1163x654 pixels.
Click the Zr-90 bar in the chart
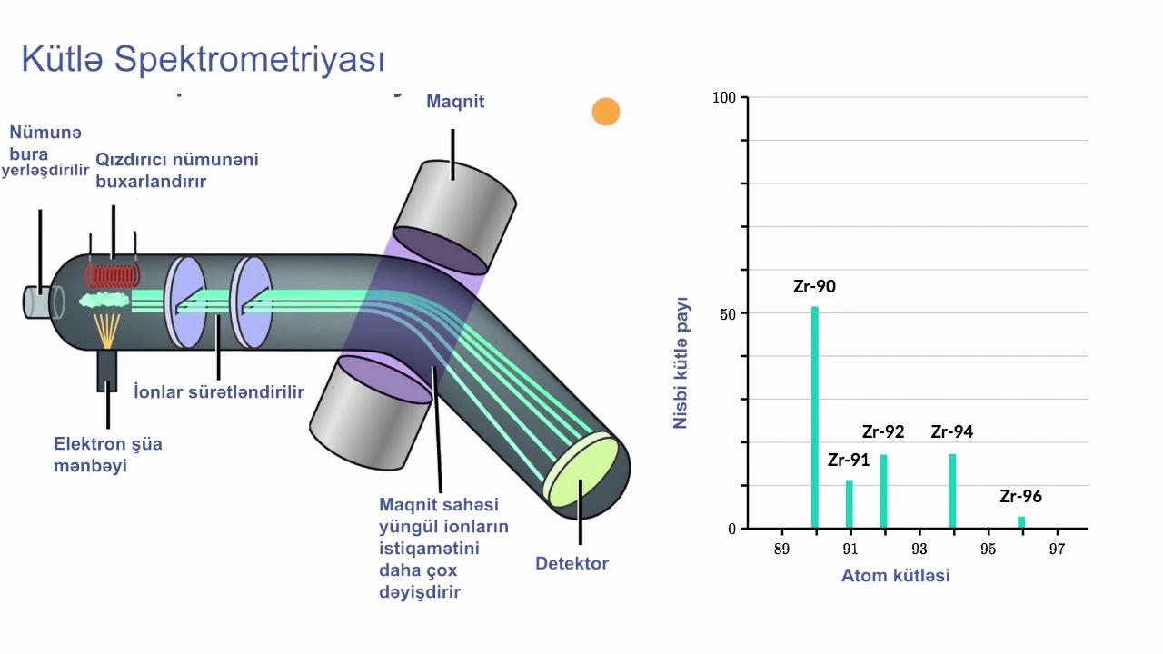[x=815, y=417]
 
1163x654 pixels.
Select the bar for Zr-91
[x=849, y=504]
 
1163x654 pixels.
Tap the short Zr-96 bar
[x=1021, y=522]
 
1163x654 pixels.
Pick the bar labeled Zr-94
[x=952, y=491]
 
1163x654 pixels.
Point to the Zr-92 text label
[x=883, y=431]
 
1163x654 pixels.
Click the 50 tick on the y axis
[x=728, y=314]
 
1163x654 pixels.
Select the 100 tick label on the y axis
[x=724, y=97]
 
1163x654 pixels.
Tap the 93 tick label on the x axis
[x=919, y=549]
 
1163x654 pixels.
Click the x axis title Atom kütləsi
[x=896, y=575]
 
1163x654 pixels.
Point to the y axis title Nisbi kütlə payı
[x=681, y=362]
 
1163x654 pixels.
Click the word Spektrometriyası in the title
[x=249, y=60]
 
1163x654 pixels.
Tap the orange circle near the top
[x=606, y=112]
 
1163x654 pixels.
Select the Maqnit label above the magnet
[x=455, y=101]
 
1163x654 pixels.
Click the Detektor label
[x=572, y=563]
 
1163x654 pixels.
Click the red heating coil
[x=112, y=275]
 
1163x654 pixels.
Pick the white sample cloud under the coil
[x=104, y=300]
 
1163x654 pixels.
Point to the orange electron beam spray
[x=107, y=331]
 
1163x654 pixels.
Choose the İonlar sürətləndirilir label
[x=219, y=391]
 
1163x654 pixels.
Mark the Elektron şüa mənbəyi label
[x=108, y=455]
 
